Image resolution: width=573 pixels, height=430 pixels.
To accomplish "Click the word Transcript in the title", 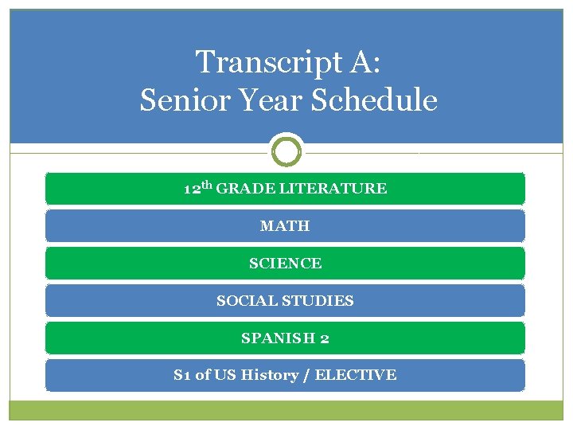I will (x=263, y=61).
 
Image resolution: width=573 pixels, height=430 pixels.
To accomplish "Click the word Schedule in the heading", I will (x=368, y=100).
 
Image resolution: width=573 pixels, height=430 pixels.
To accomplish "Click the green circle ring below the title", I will (x=286, y=150).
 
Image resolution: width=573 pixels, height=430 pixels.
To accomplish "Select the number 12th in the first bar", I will (x=198, y=189).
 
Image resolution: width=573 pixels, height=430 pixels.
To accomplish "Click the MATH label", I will (x=285, y=226).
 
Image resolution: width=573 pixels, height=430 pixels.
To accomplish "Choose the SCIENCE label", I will (x=285, y=264).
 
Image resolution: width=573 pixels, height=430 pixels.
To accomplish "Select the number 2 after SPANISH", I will (x=325, y=338).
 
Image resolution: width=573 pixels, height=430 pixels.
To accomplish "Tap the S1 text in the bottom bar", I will (x=182, y=375).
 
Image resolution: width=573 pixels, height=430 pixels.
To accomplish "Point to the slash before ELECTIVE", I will (x=306, y=375).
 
